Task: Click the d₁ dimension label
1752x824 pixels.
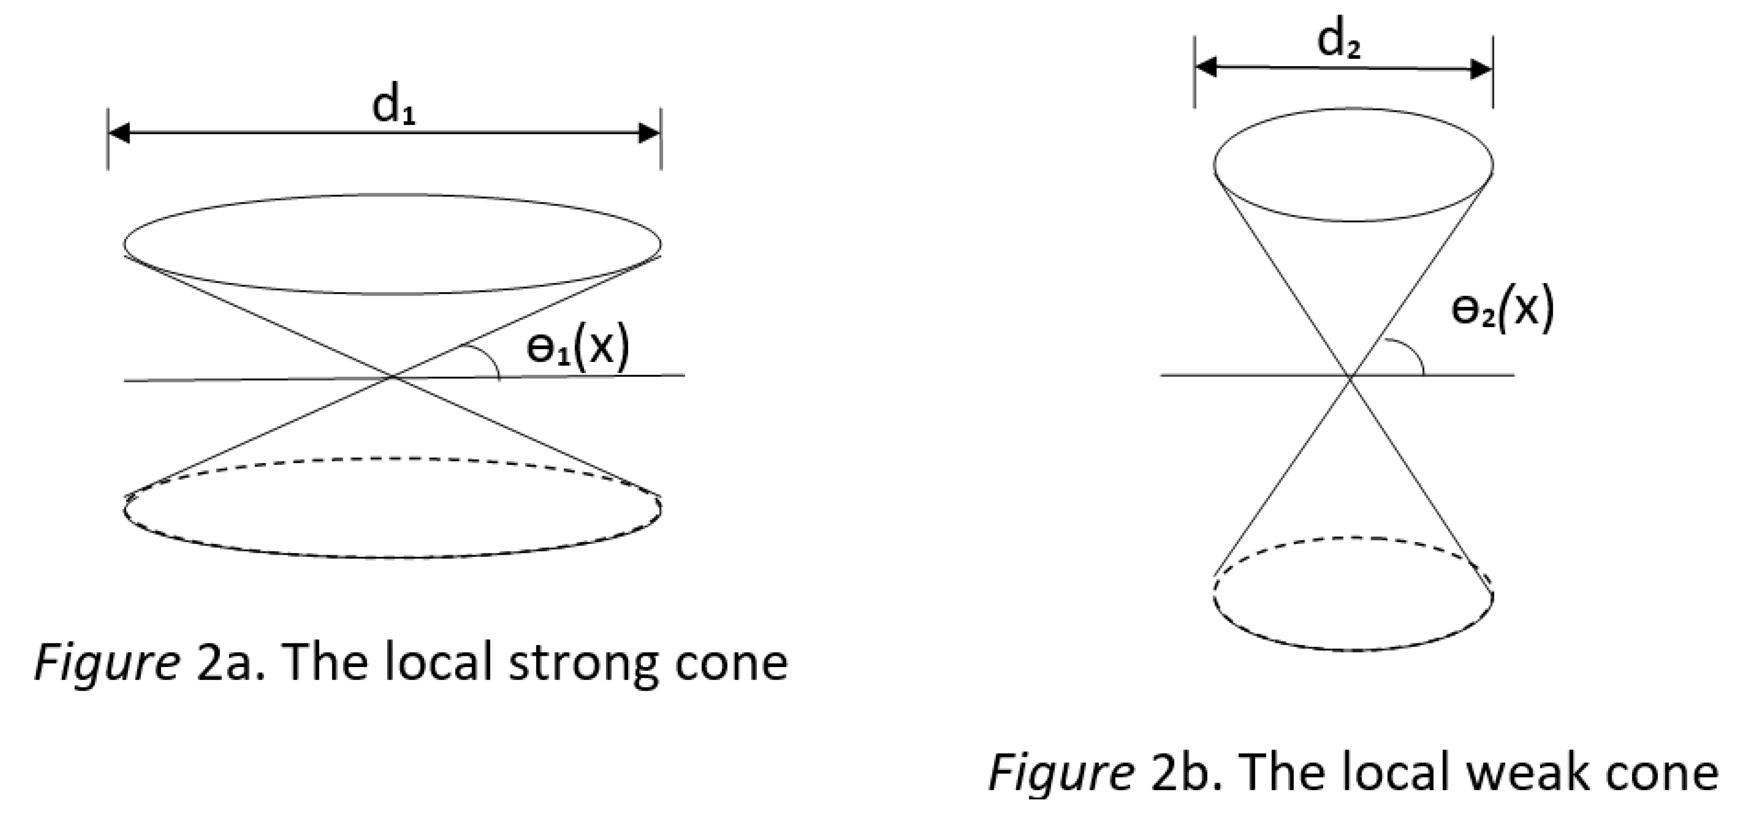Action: (x=393, y=107)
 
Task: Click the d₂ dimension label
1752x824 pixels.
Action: (x=1338, y=42)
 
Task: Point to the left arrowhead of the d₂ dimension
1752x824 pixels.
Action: (x=1206, y=67)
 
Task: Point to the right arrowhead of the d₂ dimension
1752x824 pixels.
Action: (x=1481, y=69)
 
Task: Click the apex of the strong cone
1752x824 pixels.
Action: (x=393, y=376)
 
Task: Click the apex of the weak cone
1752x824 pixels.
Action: (x=1352, y=375)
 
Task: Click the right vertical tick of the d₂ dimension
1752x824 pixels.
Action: (x=1493, y=72)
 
